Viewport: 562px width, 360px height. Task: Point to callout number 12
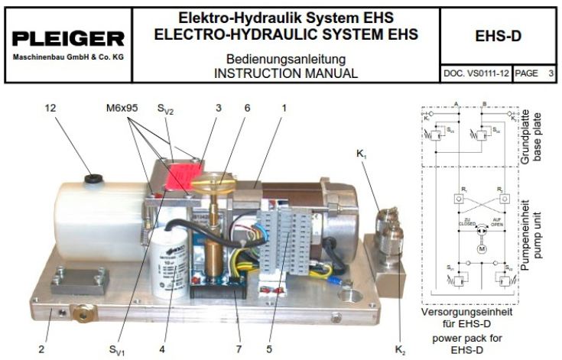51,109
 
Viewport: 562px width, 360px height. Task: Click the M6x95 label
122,109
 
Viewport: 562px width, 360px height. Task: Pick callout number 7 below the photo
239,349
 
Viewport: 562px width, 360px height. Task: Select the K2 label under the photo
401,349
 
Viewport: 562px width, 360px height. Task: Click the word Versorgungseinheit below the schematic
471,313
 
